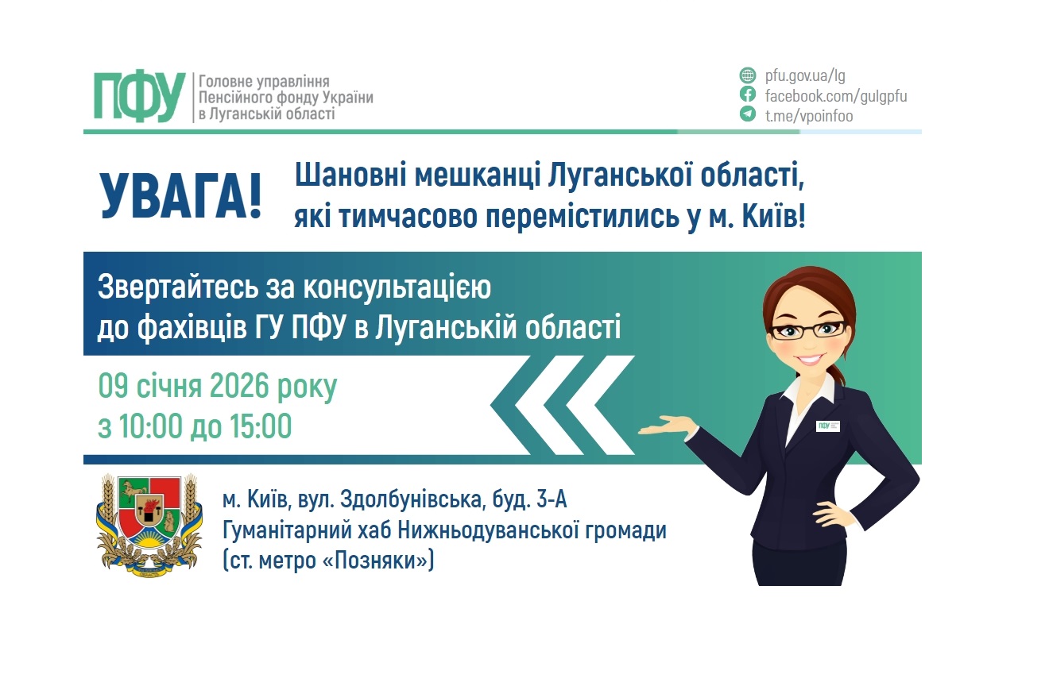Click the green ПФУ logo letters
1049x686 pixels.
(140, 97)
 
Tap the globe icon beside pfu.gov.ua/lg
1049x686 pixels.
(747, 76)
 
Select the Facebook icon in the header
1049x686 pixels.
(747, 95)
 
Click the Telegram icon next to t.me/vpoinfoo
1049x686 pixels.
(747, 115)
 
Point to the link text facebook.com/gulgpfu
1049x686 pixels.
(835, 96)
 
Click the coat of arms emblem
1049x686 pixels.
(149, 524)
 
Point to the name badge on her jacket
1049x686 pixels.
(828, 426)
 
